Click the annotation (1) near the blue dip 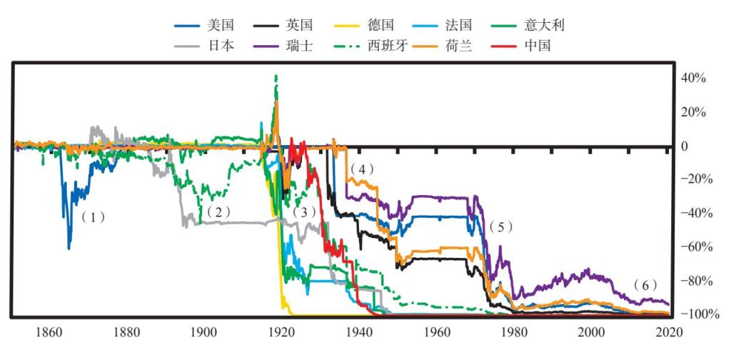pos(93,217)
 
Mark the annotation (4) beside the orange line pos(361,169)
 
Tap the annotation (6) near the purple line pos(645,285)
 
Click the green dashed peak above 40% pos(276,76)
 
